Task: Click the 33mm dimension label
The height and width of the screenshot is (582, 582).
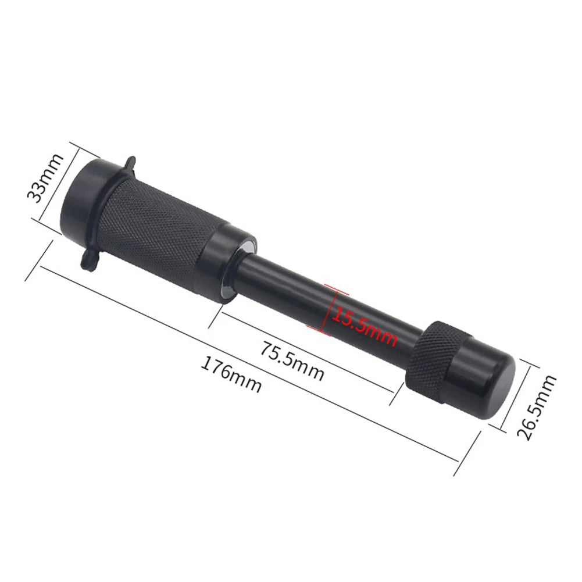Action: click(x=45, y=178)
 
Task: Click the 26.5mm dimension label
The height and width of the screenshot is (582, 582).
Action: click(x=537, y=407)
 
